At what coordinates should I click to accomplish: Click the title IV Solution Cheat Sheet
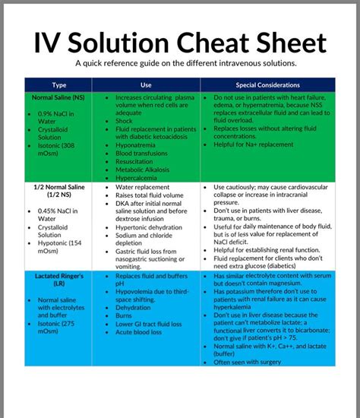point(179,43)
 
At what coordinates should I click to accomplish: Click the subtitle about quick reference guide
point(179,63)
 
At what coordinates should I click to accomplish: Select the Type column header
point(58,85)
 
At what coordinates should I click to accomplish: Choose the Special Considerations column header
point(267,85)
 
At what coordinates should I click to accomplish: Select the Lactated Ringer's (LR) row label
point(58,279)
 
